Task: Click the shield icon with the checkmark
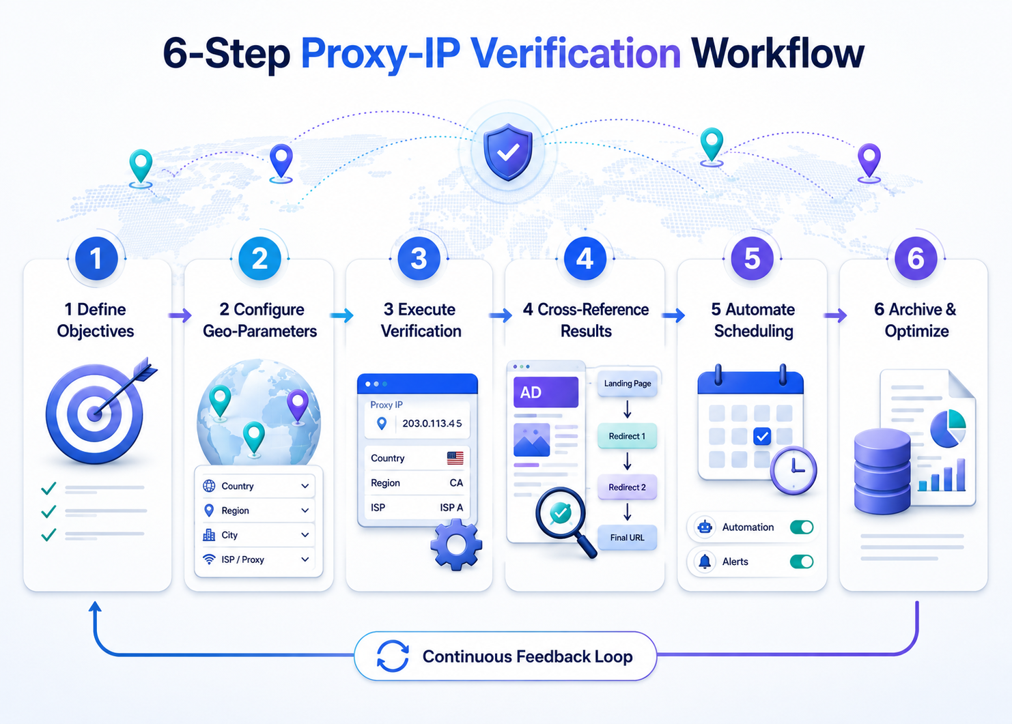tap(508, 152)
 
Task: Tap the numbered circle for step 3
tap(419, 259)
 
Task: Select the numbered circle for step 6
tap(915, 259)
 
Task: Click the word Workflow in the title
tap(778, 54)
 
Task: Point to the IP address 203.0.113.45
tap(432, 423)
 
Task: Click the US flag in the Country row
tap(455, 458)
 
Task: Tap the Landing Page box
tap(627, 383)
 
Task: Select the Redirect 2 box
tap(627, 487)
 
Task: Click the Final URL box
tap(627, 537)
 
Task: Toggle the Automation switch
tap(802, 527)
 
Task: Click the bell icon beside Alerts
tap(705, 562)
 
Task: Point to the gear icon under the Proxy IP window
tap(456, 545)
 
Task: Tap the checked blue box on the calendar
tap(762, 437)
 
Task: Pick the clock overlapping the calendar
tap(793, 470)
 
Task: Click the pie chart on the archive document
tap(948, 429)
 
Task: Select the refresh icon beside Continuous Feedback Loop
tap(393, 656)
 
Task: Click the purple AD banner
tap(546, 392)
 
